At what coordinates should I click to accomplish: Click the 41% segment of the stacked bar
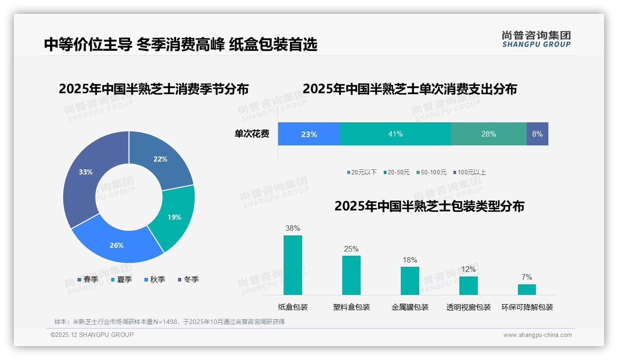pos(395,134)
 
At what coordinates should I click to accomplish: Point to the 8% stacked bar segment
pos(537,134)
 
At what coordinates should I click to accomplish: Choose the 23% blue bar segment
pos(309,134)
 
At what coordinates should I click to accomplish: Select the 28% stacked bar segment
pos(489,134)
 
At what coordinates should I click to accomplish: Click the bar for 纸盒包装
pos(293,265)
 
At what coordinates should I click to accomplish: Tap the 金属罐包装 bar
pos(410,281)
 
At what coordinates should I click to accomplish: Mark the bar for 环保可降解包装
pos(527,289)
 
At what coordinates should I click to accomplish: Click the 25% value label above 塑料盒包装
pos(351,249)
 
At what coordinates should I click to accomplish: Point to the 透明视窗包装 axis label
pos(469,307)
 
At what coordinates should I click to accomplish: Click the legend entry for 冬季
pos(188,279)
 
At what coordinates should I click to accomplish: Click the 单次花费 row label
pos(252,134)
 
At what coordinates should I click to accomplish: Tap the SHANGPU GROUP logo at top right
pos(536,39)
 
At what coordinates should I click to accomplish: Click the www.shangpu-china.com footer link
pos(537,335)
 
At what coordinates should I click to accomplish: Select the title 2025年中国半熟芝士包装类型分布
pos(429,206)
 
